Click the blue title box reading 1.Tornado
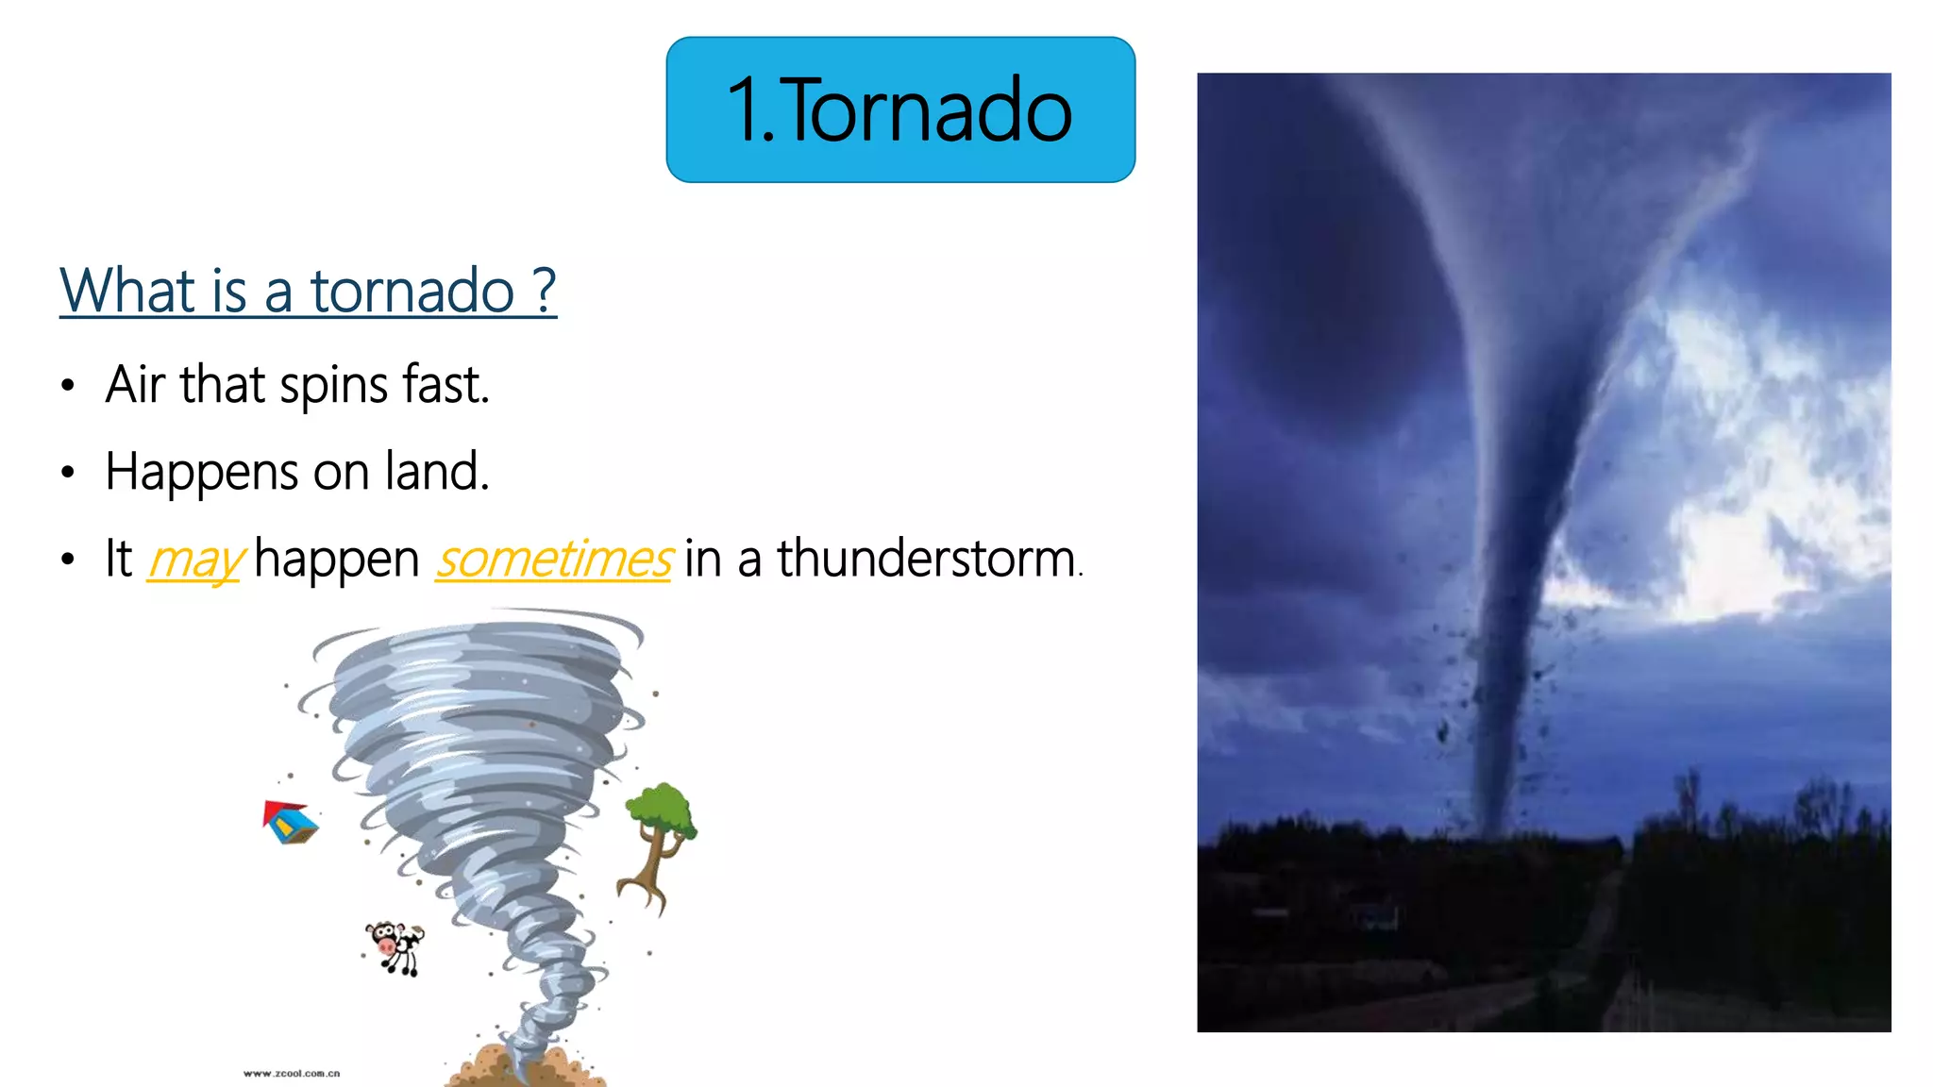[x=900, y=109]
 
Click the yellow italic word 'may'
[x=195, y=560]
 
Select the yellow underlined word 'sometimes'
[x=554, y=559]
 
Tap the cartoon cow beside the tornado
[x=395, y=947]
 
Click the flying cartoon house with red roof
[x=290, y=822]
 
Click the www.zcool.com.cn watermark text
[x=292, y=1074]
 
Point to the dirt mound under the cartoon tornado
[x=525, y=1067]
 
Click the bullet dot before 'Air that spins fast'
[x=67, y=386]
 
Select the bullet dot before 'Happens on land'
[x=67, y=473]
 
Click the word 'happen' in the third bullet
[x=336, y=559]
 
